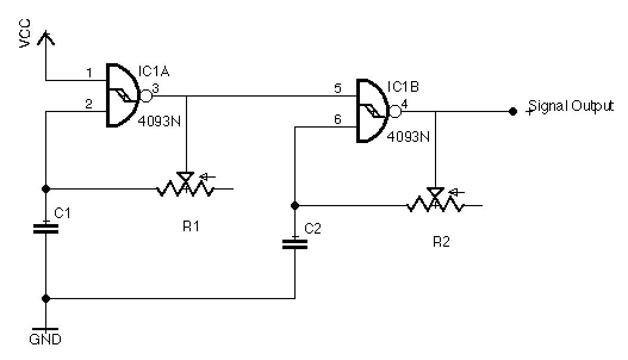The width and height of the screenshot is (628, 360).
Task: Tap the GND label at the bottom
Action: click(x=45, y=340)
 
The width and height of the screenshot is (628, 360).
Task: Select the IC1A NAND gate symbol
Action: click(x=123, y=95)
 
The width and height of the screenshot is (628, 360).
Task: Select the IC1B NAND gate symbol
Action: click(x=373, y=111)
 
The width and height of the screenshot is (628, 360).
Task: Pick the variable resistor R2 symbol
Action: click(x=436, y=203)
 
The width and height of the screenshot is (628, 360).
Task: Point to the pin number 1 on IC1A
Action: click(x=89, y=73)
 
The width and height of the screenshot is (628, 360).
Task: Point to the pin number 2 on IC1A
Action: click(x=89, y=104)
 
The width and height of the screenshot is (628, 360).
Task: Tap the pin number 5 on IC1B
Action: click(x=337, y=89)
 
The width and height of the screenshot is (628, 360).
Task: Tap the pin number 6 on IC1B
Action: click(x=337, y=120)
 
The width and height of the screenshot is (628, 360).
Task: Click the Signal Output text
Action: click(x=571, y=106)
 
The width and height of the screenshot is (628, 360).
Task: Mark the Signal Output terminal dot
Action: click(x=512, y=111)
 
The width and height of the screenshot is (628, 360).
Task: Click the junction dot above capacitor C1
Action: click(x=46, y=189)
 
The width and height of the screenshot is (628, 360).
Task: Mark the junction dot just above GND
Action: click(x=46, y=298)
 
